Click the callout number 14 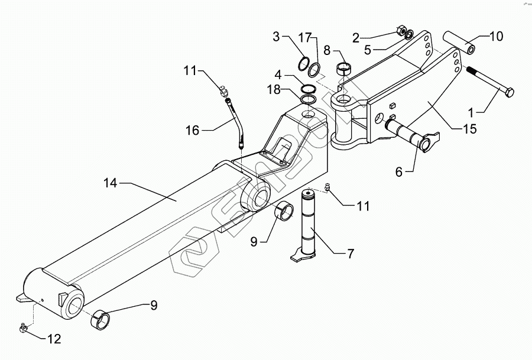111,184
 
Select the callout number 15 470,128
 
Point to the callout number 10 496,37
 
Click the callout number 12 54,339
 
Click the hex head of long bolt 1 508,92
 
